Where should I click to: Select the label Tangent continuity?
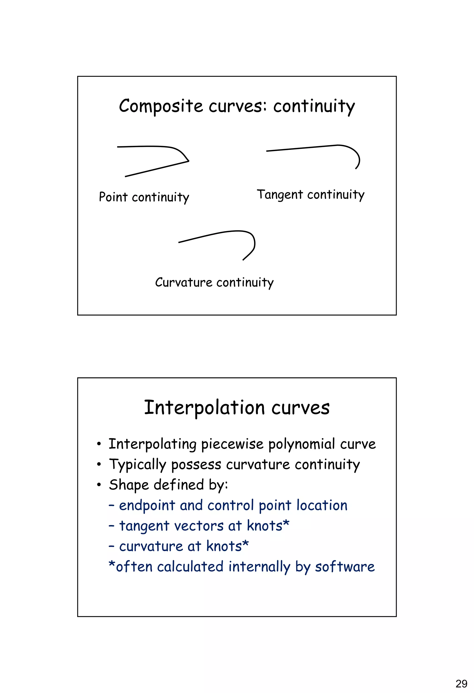coord(311,195)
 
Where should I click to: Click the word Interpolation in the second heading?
coord(204,408)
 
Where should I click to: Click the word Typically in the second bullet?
coord(137,465)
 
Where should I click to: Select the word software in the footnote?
coord(345,567)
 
